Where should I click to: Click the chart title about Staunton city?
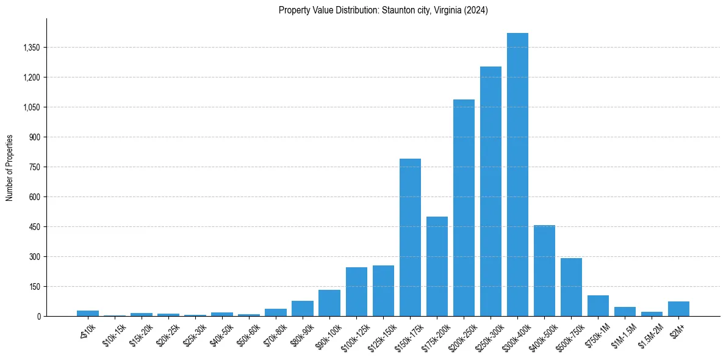click(x=383, y=10)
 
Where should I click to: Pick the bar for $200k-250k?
click(x=464, y=207)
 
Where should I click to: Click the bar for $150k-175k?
click(x=410, y=237)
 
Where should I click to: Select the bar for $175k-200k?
click(x=437, y=266)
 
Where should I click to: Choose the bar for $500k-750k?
click(x=571, y=287)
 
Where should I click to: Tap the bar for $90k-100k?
click(x=329, y=303)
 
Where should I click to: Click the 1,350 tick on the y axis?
click(x=30, y=48)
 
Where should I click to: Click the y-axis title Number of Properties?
click(x=9, y=168)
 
